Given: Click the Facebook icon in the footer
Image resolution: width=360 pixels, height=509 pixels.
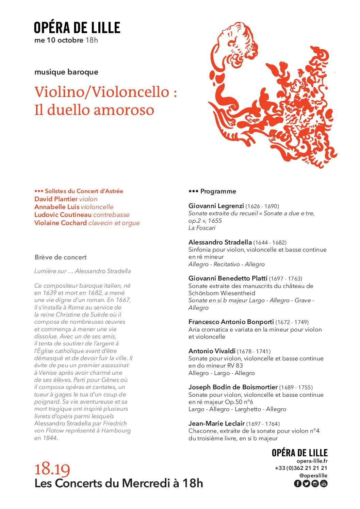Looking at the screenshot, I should pyautogui.click(x=297, y=483).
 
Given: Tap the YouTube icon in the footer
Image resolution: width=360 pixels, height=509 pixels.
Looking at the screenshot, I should pyautogui.click(x=324, y=483).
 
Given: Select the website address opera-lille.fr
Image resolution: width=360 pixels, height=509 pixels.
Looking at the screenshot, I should pyautogui.click(x=312, y=461).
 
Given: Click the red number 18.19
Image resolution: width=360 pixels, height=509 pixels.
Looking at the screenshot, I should pyautogui.click(x=52, y=469).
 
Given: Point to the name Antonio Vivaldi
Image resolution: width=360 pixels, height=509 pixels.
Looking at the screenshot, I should pyautogui.click(x=212, y=351).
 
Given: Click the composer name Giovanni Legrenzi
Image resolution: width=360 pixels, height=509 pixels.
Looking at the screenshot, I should pyautogui.click(x=216, y=206).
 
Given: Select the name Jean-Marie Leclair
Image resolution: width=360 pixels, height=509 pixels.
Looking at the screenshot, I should pyautogui.click(x=216, y=423).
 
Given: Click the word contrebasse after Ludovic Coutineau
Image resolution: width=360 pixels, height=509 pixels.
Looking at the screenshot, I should pyautogui.click(x=111, y=215).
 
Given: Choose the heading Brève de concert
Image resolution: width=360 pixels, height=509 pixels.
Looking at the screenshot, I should pyautogui.click(x=61, y=257).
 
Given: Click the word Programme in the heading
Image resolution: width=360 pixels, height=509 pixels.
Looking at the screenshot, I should pyautogui.click(x=218, y=191).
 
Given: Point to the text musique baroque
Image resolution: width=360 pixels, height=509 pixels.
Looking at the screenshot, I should pyautogui.click(x=66, y=72).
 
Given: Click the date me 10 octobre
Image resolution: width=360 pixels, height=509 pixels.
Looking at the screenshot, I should pyautogui.click(x=59, y=40).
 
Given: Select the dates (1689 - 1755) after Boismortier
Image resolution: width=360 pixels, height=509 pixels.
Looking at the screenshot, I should pyautogui.click(x=296, y=387).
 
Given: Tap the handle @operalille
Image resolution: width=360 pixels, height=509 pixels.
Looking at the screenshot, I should pyautogui.click(x=313, y=476).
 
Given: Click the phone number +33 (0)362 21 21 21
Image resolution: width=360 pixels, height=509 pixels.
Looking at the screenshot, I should pyautogui.click(x=301, y=468).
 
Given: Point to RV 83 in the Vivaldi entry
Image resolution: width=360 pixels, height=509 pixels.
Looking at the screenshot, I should pyautogui.click(x=234, y=366).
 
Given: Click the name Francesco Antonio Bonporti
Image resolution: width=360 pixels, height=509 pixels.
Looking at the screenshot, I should pyautogui.click(x=231, y=322).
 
